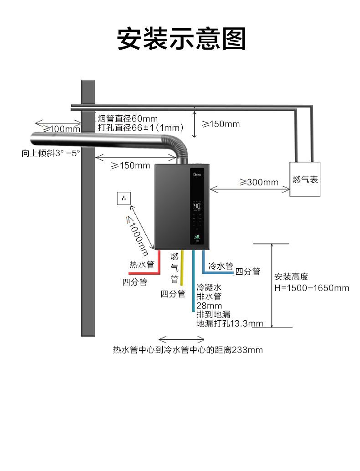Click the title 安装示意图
(x=181, y=39)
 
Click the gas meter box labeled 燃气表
(x=305, y=179)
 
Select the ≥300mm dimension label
(x=258, y=182)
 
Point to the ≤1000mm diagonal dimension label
(x=137, y=235)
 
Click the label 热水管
(x=142, y=264)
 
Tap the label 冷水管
(x=221, y=266)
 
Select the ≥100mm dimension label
(x=61, y=129)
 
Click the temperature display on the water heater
(x=197, y=206)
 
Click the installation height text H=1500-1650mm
(x=312, y=288)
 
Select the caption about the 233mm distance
(x=188, y=350)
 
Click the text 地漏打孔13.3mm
(x=230, y=323)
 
